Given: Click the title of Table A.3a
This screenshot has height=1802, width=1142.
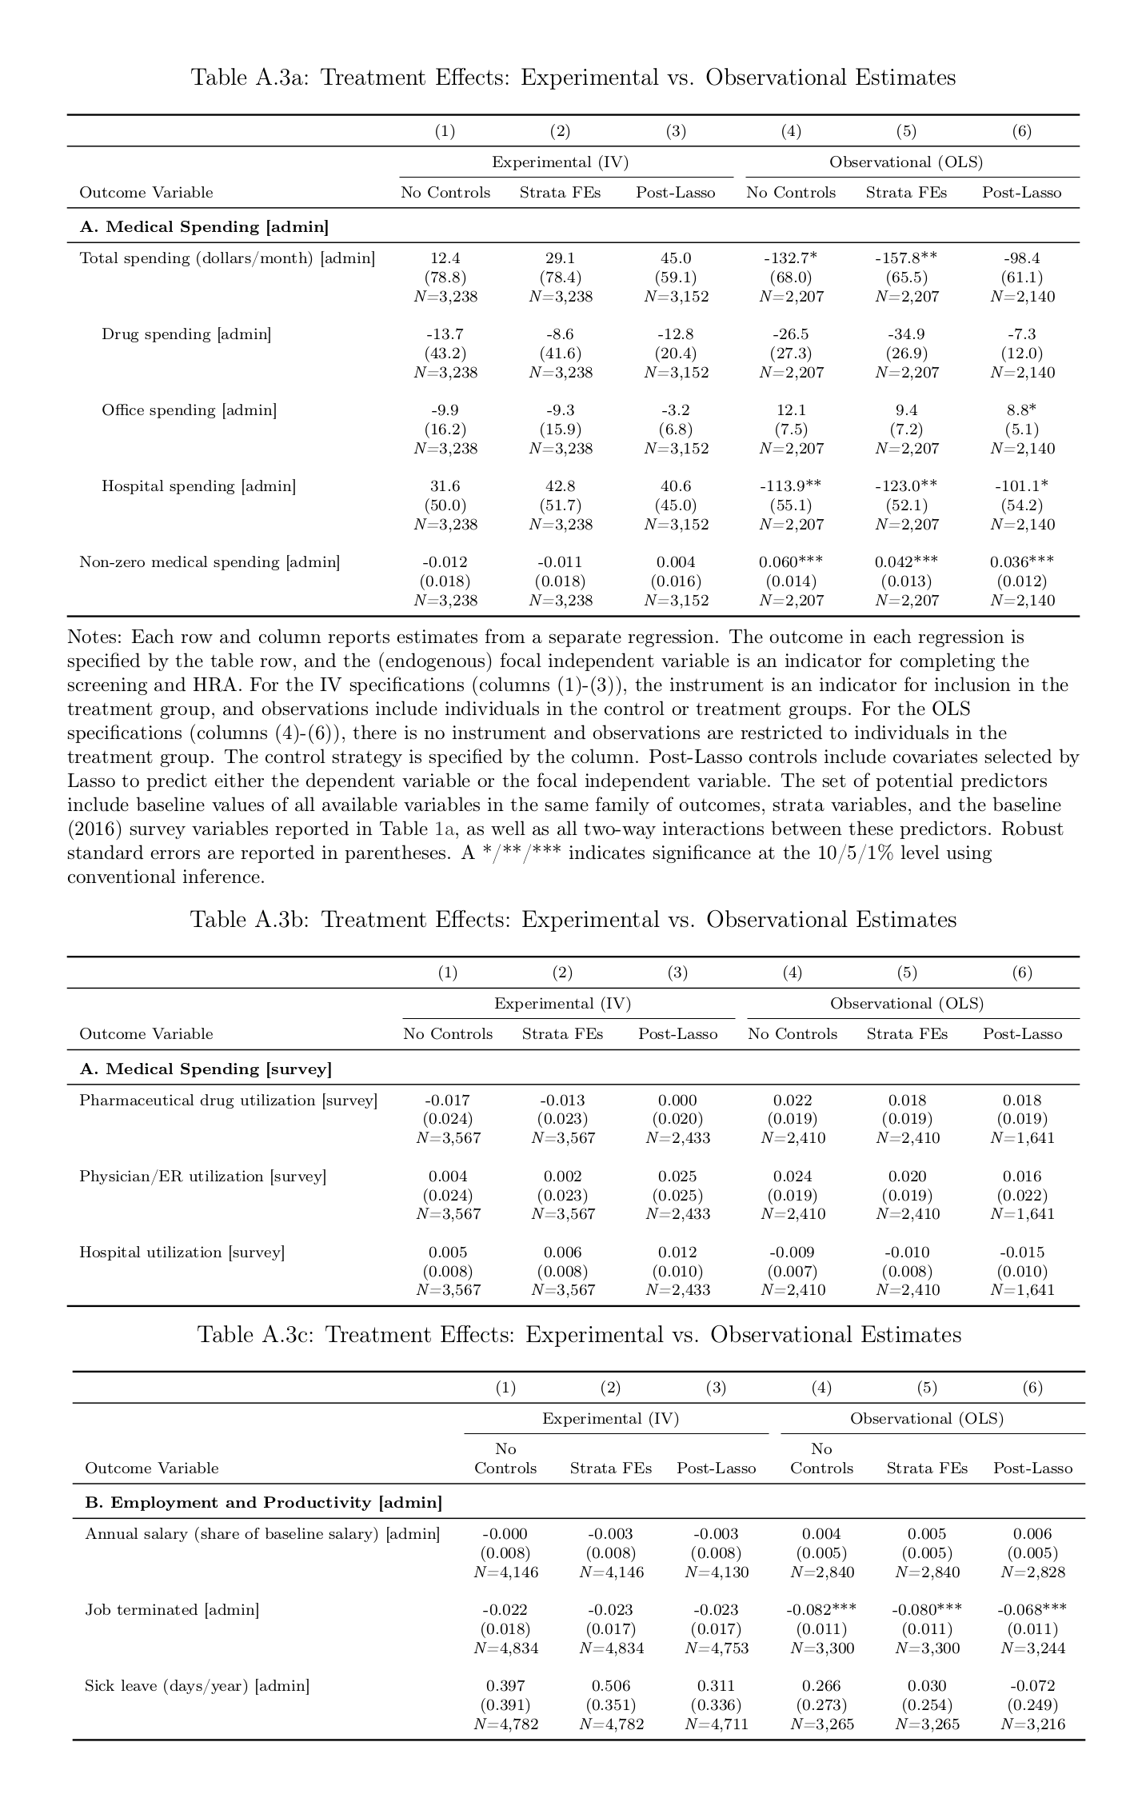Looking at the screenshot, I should pos(573,78).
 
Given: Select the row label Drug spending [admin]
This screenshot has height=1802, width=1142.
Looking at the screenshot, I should pos(186,334).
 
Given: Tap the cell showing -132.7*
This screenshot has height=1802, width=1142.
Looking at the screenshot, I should pos(790,258).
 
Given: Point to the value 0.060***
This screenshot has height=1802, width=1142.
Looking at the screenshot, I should pos(790,562).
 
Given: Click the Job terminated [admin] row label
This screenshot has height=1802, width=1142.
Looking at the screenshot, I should pos(172,1609).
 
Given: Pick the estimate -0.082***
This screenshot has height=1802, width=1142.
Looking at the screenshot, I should pos(821,1609).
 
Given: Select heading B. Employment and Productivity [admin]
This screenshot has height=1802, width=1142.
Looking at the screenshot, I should pos(263,1502).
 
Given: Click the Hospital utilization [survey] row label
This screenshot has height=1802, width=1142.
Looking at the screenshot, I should pos(182,1252).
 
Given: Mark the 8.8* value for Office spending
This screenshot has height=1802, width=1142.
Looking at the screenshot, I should pos(1021,410).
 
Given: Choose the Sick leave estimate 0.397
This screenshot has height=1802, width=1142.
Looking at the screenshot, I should pos(505,1685).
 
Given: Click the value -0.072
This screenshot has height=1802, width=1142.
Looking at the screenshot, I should pos(1032,1685).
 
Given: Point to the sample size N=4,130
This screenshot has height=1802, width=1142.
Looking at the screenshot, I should pos(717,1572).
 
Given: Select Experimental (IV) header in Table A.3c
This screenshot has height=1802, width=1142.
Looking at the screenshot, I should pos(610,1418).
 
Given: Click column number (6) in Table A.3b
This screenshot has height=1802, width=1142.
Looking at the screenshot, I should pos(1022,973).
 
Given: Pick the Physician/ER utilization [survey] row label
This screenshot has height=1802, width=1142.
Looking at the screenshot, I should pos(202,1176).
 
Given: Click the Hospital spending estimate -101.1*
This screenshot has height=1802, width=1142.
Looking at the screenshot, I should pos(1021,486).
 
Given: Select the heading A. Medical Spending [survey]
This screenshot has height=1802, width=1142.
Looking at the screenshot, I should pos(206,1069).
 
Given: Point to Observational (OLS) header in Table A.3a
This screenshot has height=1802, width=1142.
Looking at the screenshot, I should pos(905,162).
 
